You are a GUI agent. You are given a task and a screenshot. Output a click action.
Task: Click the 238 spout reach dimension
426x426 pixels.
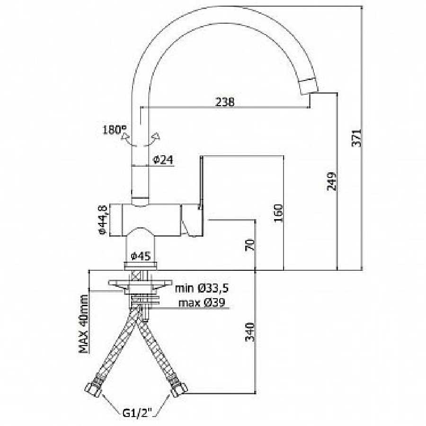pyautogui.click(x=225, y=102)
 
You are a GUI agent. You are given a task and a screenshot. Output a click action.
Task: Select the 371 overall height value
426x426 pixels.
pyautogui.click(x=357, y=138)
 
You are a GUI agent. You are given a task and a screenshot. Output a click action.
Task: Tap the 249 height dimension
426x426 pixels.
pyautogui.click(x=331, y=181)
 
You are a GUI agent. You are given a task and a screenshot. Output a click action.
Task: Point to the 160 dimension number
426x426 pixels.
pyautogui.click(x=279, y=213)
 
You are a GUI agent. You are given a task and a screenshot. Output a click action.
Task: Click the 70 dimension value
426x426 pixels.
pyautogui.click(x=250, y=245)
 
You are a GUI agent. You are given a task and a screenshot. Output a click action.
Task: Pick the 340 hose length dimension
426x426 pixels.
pyautogui.click(x=250, y=332)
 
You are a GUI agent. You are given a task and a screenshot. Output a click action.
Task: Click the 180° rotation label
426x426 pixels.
pyautogui.click(x=115, y=129)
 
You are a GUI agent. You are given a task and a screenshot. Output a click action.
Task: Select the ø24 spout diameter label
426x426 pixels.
pyautogui.click(x=163, y=160)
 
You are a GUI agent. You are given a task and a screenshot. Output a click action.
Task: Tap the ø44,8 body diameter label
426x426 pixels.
pyautogui.click(x=104, y=220)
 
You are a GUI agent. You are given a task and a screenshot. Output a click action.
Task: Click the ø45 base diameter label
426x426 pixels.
pyautogui.click(x=141, y=256)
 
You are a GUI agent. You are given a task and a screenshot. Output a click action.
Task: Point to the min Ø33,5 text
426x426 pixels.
pyautogui.click(x=202, y=288)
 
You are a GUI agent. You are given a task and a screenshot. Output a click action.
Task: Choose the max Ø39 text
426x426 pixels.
pyautogui.click(x=202, y=302)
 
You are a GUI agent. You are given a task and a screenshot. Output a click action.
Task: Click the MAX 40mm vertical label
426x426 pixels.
pyautogui.click(x=84, y=324)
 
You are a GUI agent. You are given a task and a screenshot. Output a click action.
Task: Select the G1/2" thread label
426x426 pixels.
pyautogui.click(x=139, y=413)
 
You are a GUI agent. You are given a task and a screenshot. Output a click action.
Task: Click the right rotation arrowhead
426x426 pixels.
pyautogui.click(x=157, y=136)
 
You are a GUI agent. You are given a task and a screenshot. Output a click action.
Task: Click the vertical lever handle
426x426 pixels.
pyautogui.click(x=201, y=183)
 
